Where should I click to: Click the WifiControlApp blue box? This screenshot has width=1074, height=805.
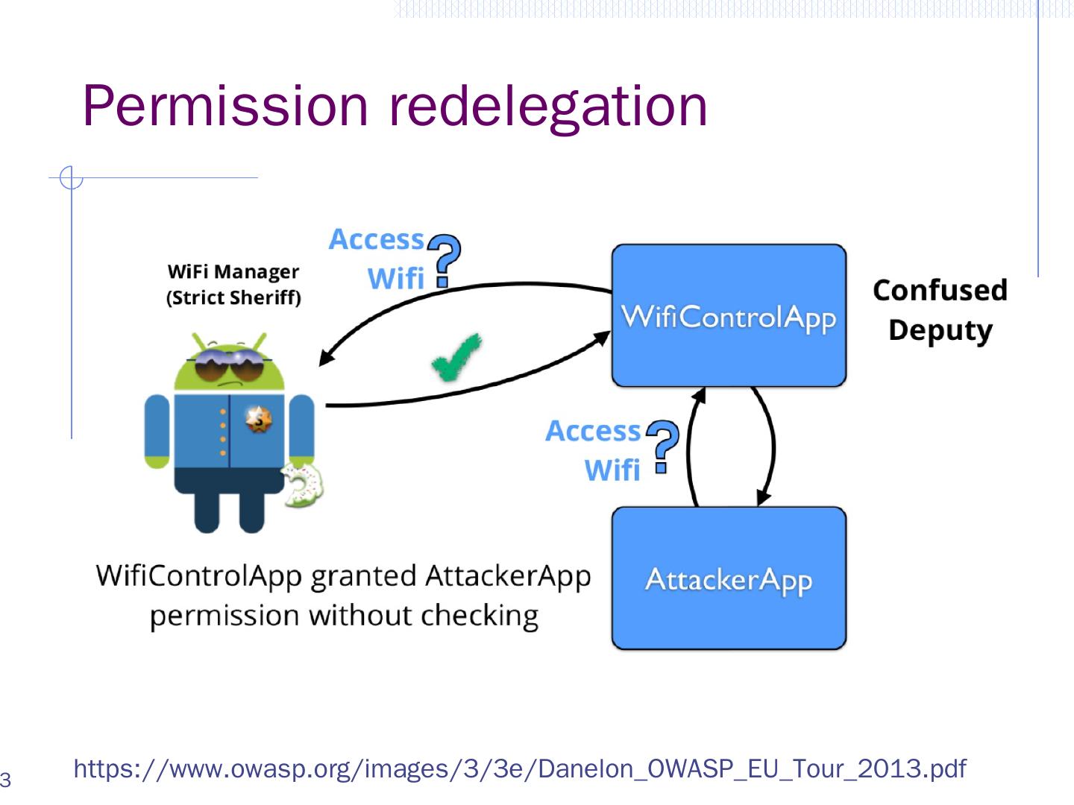point(729,316)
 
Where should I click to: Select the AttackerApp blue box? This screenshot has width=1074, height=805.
point(729,578)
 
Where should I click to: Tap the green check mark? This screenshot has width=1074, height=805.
point(456,359)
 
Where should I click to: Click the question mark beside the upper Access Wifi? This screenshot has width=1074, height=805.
point(445,260)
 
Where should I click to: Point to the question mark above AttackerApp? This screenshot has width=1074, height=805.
point(662,446)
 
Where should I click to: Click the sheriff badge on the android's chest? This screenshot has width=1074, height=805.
point(257,420)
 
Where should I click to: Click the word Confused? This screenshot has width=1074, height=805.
point(940,290)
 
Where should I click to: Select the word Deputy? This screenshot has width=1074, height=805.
point(940,329)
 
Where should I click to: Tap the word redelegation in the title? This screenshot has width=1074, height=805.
point(548,105)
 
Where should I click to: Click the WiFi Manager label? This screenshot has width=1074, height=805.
point(233,271)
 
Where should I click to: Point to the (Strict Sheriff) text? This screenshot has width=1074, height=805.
point(233,297)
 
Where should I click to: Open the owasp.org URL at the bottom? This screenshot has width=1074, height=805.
point(519,768)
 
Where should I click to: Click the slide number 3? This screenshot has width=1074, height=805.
point(5,780)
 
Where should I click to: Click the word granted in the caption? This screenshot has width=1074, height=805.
point(362,576)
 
